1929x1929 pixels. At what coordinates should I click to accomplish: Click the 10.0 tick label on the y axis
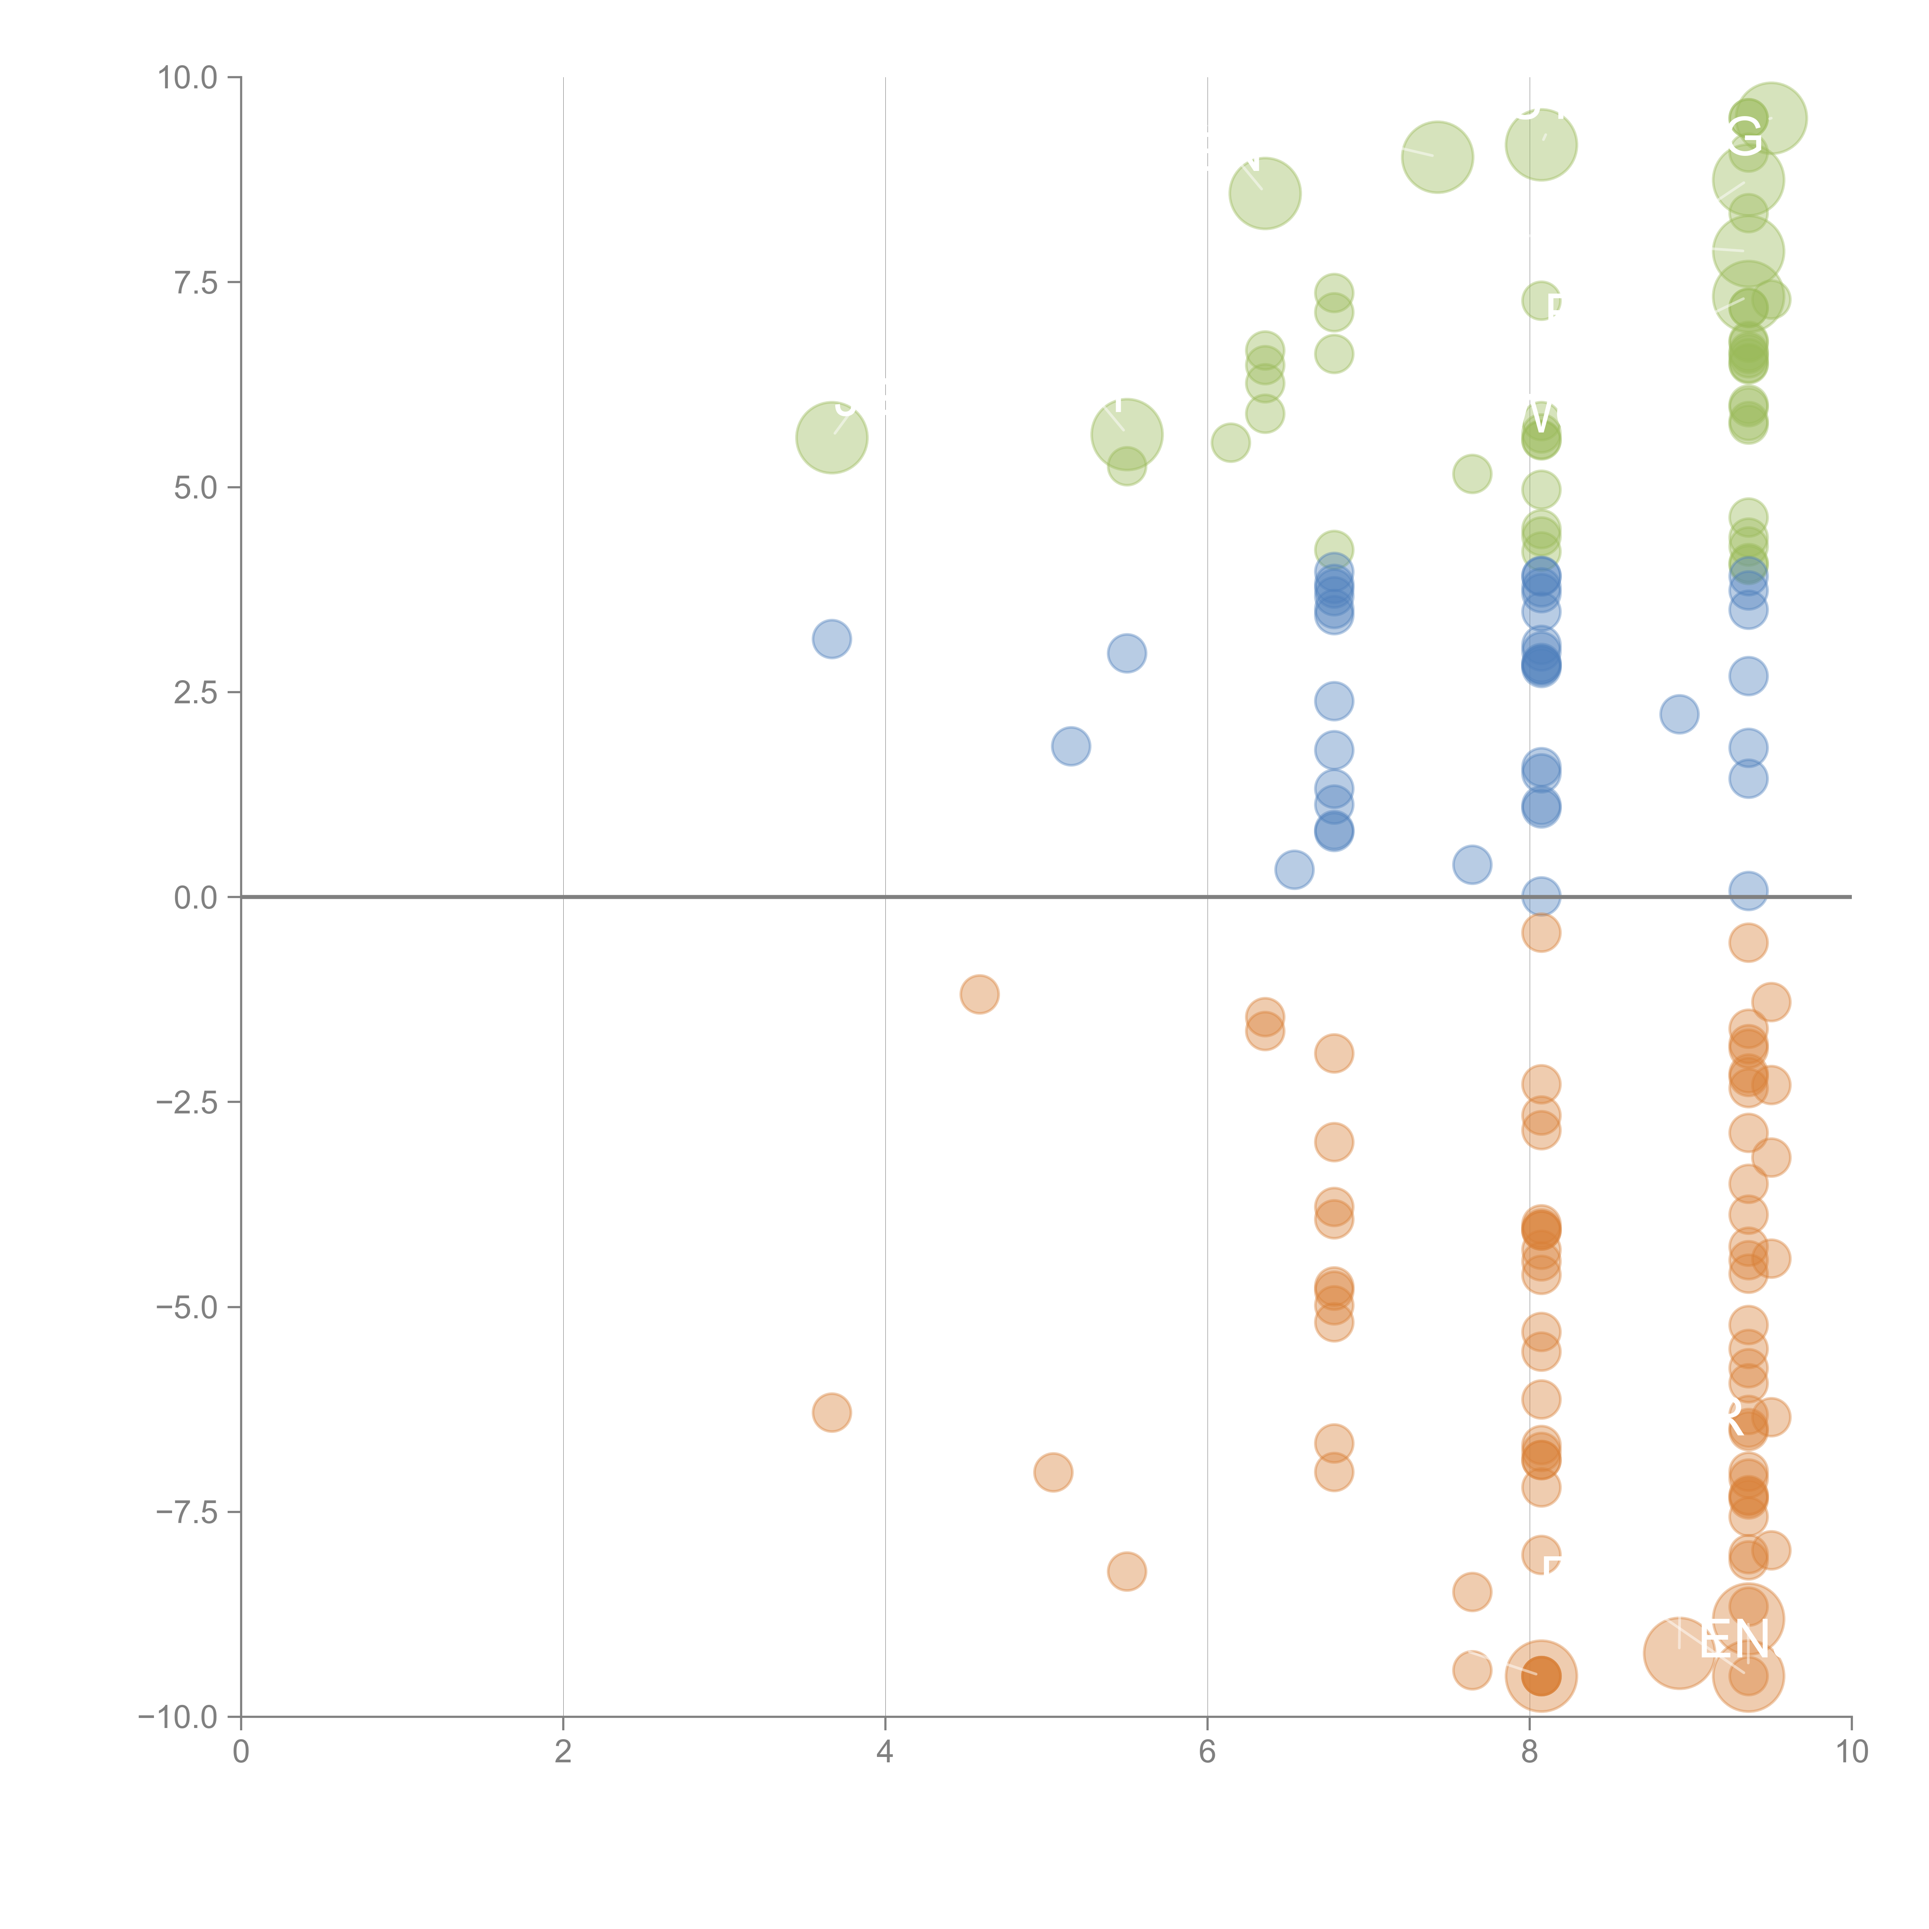[x=188, y=78]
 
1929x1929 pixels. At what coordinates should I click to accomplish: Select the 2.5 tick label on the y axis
[x=196, y=693]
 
